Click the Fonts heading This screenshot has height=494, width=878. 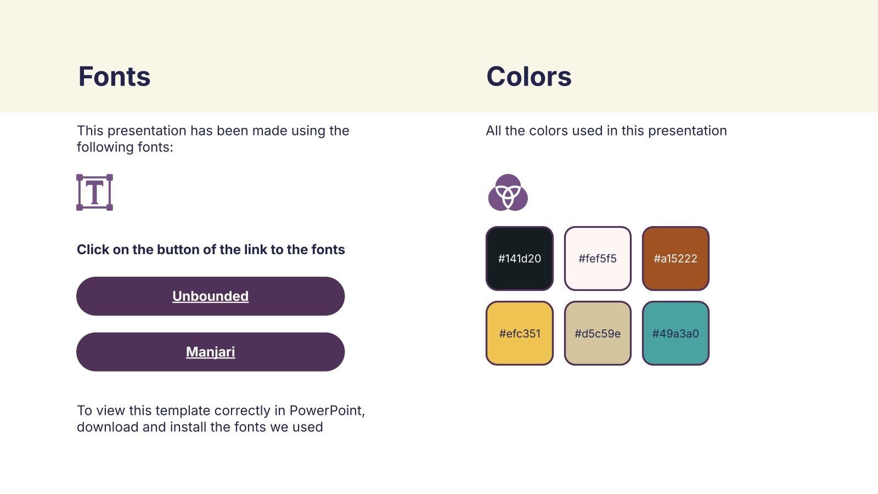pos(114,76)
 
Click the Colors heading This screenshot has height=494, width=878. pos(529,76)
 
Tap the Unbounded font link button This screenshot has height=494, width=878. pos(211,296)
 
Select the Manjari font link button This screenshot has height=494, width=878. pos(211,352)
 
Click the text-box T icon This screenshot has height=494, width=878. pos(94,193)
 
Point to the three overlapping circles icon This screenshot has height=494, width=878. pos(508,193)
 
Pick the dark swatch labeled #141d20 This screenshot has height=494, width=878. pos(519,259)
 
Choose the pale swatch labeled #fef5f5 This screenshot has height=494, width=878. pos(598,259)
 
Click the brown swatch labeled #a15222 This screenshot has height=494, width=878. pos(676,259)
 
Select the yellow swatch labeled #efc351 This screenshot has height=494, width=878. pos(519,333)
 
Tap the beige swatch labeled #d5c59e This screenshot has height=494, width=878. pos(598,333)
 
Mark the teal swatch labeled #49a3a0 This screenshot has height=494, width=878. pos(676,333)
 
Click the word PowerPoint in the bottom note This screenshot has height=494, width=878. pos(327,411)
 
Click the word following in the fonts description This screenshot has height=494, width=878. pos(105,148)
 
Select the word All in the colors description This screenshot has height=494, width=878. pos(493,131)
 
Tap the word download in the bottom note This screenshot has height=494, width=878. pos(108,427)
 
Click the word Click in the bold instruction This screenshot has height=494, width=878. pos(93,249)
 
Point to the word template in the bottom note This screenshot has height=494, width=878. pos(183,411)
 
